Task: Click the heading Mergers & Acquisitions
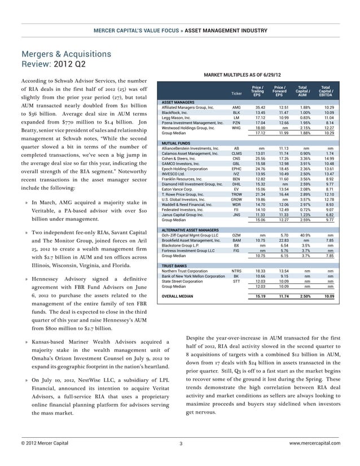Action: pyautogui.click(x=66, y=54)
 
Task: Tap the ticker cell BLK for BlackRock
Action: pyautogui.click(x=236, y=112)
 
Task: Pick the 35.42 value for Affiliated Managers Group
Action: pyautogui.click(x=260, y=107)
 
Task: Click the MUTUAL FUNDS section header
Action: pyautogui.click(x=175, y=144)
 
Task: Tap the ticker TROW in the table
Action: pyautogui.click(x=236, y=194)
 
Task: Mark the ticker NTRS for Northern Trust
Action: pyautogui.click(x=236, y=271)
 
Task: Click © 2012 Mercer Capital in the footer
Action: pyautogui.click(x=45, y=443)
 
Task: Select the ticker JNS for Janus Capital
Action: pyautogui.click(x=236, y=214)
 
